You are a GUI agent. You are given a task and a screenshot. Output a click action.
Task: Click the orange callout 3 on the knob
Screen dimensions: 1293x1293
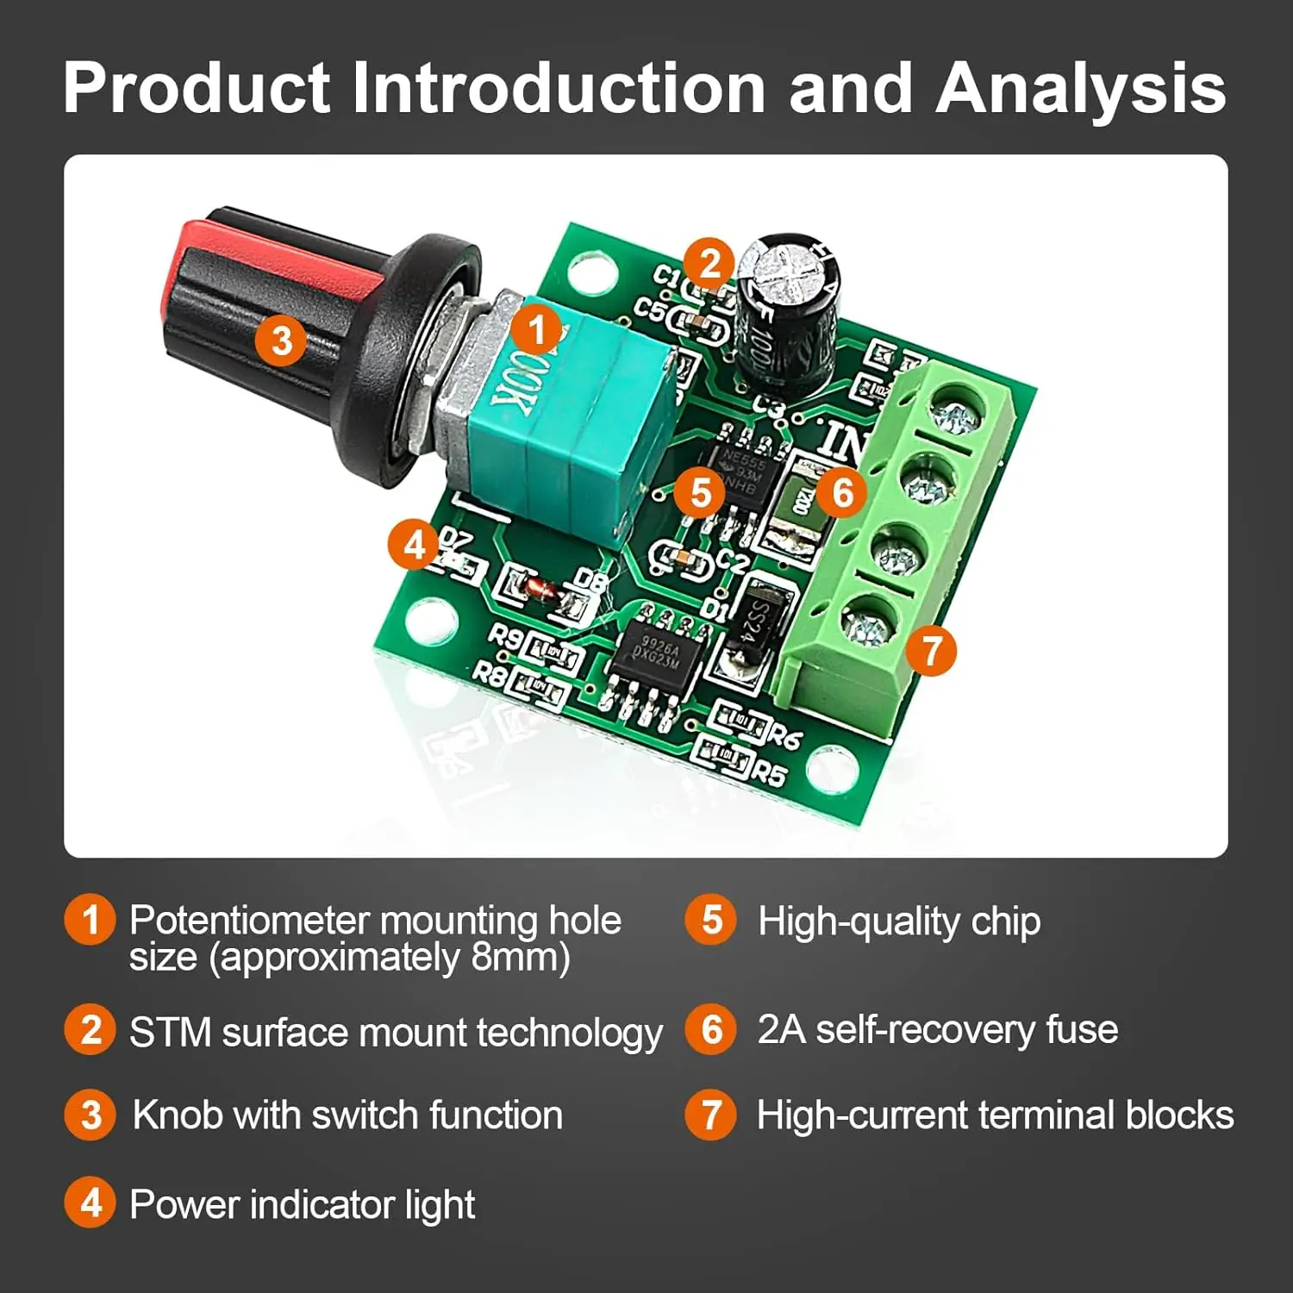pos(281,340)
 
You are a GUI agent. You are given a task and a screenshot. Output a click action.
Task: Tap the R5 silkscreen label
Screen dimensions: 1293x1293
pos(767,772)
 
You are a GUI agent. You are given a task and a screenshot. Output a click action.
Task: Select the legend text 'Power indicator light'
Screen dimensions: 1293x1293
pos(302,1203)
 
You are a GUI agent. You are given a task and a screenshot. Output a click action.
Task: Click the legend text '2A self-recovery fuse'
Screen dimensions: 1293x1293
pos(937,1029)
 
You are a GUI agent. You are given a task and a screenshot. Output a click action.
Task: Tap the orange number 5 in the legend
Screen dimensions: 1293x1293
pos(710,920)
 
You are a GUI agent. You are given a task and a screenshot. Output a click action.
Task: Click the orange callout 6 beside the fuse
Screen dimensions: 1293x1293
pos(842,492)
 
